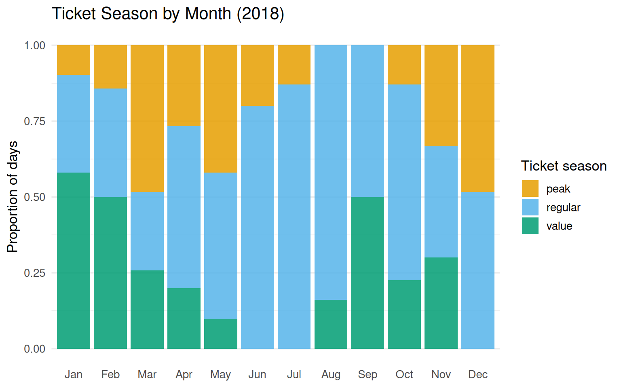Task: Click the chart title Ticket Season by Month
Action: [168, 14]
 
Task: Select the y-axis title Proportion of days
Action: [13, 196]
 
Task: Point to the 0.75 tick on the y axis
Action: [34, 121]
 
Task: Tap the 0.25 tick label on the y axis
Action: [34, 273]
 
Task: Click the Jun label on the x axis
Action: [257, 374]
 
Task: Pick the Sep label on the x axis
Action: [367, 374]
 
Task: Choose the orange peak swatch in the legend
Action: [530, 189]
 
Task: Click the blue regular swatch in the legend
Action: [530, 207]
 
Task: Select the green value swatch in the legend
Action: [530, 226]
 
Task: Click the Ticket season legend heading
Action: [564, 166]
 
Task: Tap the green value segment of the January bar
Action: [74, 261]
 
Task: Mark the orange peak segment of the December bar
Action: [478, 118]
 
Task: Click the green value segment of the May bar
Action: [221, 334]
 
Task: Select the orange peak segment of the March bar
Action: [147, 118]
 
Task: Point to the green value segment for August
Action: [331, 324]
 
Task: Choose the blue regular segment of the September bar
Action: [367, 121]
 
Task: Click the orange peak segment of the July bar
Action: [294, 65]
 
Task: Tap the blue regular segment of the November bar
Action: [441, 202]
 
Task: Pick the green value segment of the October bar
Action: [404, 314]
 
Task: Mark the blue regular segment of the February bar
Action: [110, 143]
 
